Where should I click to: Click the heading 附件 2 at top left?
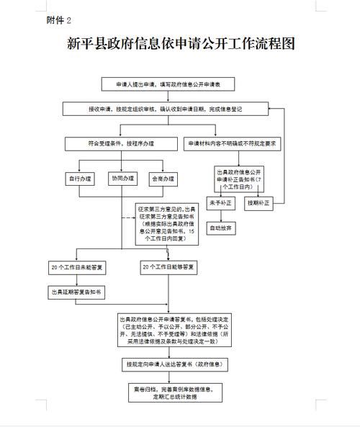tap(58, 20)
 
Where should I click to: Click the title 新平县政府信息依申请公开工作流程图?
tap(180, 45)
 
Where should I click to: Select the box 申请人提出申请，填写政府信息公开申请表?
tap(170, 84)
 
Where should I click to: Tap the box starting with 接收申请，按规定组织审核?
tap(170, 109)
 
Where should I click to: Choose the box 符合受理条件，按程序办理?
tap(120, 143)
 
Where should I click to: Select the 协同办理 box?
tap(122, 178)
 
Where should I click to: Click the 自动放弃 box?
tap(220, 228)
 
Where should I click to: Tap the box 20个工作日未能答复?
tap(77, 268)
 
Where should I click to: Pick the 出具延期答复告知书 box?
tap(77, 292)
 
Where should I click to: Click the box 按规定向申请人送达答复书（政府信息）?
tap(170, 366)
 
